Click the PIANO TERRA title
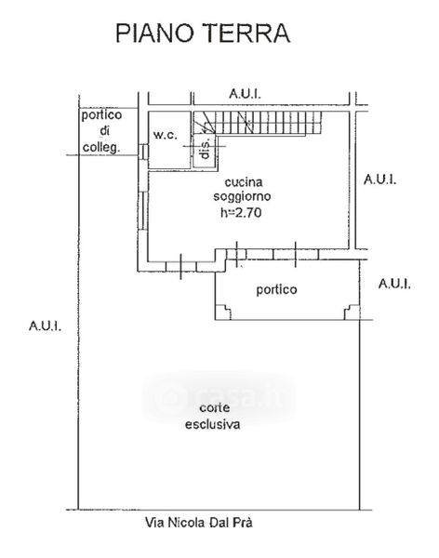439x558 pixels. click(203, 33)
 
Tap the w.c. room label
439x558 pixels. click(166, 135)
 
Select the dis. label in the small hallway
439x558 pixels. click(205, 149)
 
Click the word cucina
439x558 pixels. click(244, 182)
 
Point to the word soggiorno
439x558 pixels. click(242, 196)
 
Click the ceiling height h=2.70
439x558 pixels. click(241, 212)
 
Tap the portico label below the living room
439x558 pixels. click(276, 289)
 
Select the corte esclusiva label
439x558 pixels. click(213, 416)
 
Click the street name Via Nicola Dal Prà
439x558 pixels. click(199, 523)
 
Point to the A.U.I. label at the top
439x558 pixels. click(245, 94)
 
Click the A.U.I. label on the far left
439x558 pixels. click(45, 325)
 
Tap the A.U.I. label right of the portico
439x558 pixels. click(394, 284)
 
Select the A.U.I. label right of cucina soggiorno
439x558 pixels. click(379, 179)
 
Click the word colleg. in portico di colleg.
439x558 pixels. click(101, 147)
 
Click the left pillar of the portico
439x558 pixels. click(223, 312)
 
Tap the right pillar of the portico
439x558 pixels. click(352, 312)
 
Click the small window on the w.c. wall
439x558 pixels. click(143, 152)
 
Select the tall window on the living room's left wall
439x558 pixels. click(143, 211)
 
